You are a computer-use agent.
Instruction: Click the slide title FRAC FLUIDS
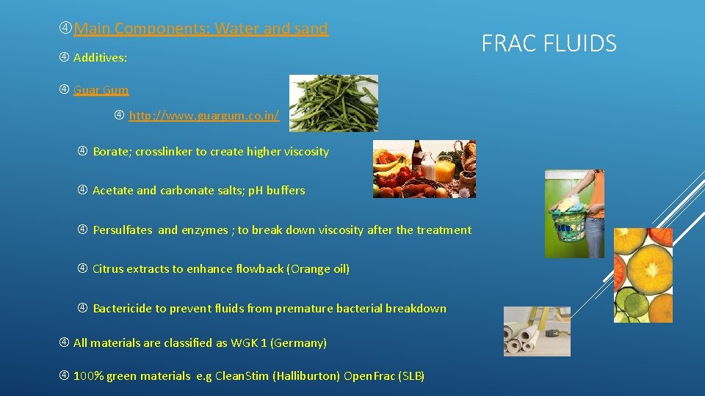[549, 43]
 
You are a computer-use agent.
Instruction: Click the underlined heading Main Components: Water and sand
[200, 29]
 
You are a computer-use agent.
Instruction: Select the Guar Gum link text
[101, 90]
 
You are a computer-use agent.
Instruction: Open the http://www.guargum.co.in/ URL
[203, 116]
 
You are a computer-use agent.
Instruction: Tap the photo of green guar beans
[333, 103]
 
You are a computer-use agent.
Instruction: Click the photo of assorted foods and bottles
[424, 169]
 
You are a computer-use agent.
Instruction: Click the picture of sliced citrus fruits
[643, 275]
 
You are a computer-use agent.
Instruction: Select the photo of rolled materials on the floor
[536, 331]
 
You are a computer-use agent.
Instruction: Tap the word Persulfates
[123, 230]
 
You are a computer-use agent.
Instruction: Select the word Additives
[100, 57]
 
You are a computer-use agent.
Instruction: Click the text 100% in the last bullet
[88, 376]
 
